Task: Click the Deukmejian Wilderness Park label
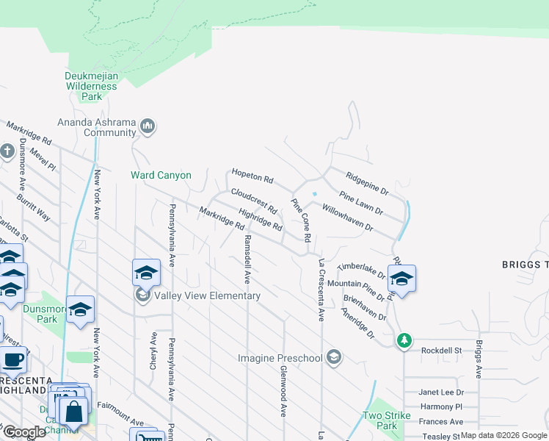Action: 91,86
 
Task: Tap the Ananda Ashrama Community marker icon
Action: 148,127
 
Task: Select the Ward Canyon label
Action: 161,176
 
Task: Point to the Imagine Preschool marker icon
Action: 334,358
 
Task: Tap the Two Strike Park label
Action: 380,420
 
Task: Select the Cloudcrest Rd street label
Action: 253,201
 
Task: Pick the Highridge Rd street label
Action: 261,218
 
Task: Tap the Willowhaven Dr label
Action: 348,218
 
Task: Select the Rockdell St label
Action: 440,351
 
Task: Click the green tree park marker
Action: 403,341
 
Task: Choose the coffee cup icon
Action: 12,360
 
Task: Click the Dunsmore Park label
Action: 40,315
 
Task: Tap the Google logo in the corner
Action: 23,432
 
